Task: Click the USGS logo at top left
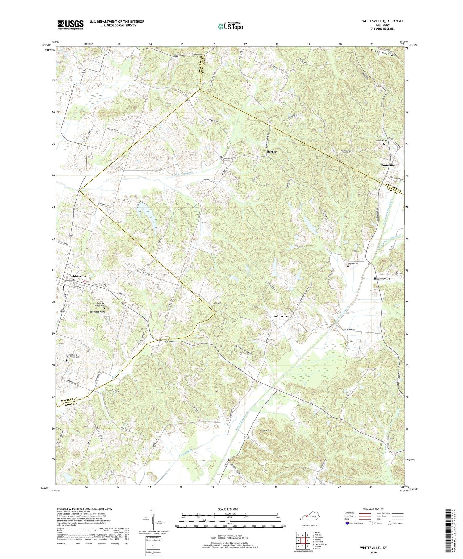[x=70, y=25]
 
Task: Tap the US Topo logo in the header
[x=230, y=27]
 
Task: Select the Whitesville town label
[x=78, y=276]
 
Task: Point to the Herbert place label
[x=272, y=152]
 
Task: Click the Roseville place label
[x=387, y=165]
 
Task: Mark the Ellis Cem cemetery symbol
[x=211, y=303]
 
